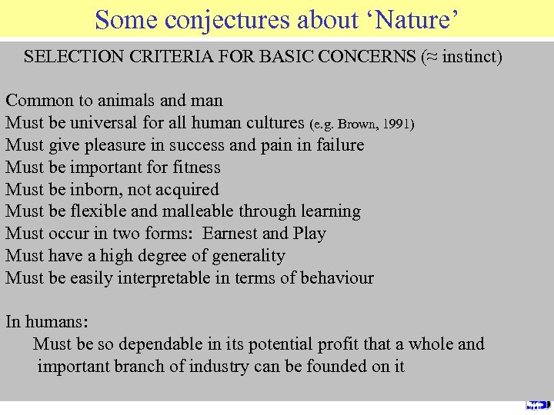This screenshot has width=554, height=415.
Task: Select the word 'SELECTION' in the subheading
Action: [75, 56]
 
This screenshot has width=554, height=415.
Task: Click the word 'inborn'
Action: [95, 189]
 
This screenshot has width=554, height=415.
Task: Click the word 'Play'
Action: [310, 233]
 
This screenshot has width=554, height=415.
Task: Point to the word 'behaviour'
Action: [335, 277]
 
